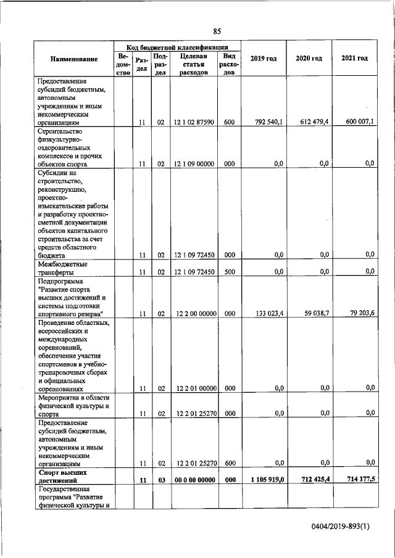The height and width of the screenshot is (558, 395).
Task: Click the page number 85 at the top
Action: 217,31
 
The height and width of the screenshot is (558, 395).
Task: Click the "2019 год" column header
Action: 263,58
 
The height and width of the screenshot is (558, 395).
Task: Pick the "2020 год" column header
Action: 309,58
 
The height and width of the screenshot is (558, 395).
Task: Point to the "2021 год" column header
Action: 354,58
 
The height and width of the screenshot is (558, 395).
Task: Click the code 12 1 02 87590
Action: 194,123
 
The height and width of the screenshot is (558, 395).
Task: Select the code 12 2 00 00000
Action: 194,314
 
